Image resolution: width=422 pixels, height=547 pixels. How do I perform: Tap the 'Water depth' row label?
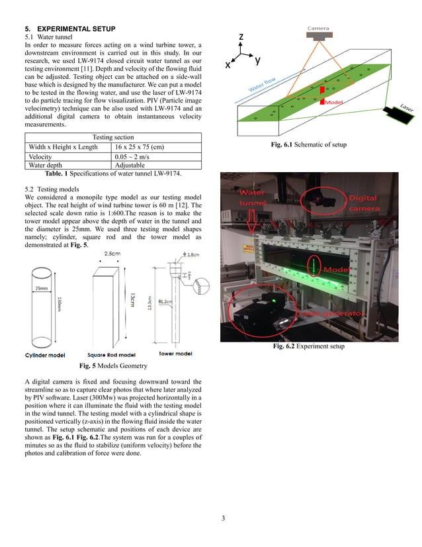[48, 165]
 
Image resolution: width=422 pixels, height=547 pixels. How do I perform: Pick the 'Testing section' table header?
[112, 138]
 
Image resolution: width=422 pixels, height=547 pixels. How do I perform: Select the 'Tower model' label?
[175, 354]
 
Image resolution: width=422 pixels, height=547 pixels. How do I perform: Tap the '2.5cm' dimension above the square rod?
[112, 254]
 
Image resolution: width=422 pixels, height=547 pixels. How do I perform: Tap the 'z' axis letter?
[243, 37]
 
